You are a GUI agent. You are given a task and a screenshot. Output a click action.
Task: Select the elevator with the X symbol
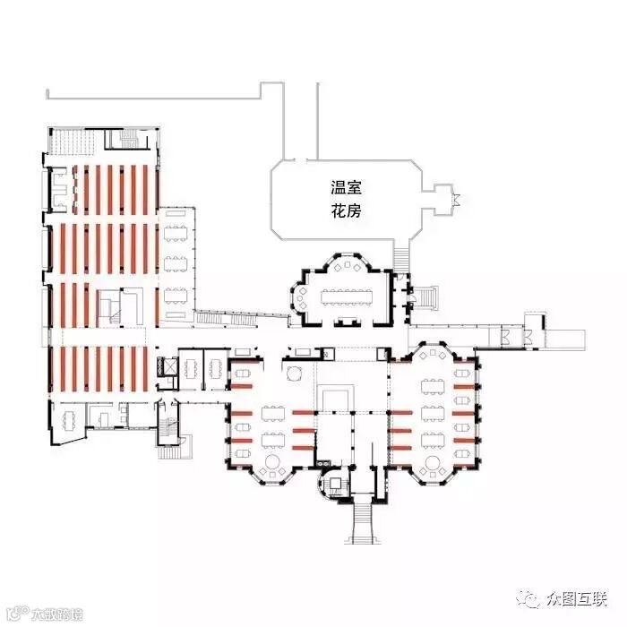(x=165, y=366)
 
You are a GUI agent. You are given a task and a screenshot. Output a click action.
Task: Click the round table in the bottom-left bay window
(x=272, y=464)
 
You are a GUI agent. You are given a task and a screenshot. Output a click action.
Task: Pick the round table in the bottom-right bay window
(x=437, y=464)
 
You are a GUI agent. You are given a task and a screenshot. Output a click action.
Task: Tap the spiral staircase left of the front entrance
(x=333, y=483)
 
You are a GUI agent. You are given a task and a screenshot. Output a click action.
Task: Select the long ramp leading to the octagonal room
(x=242, y=314)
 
